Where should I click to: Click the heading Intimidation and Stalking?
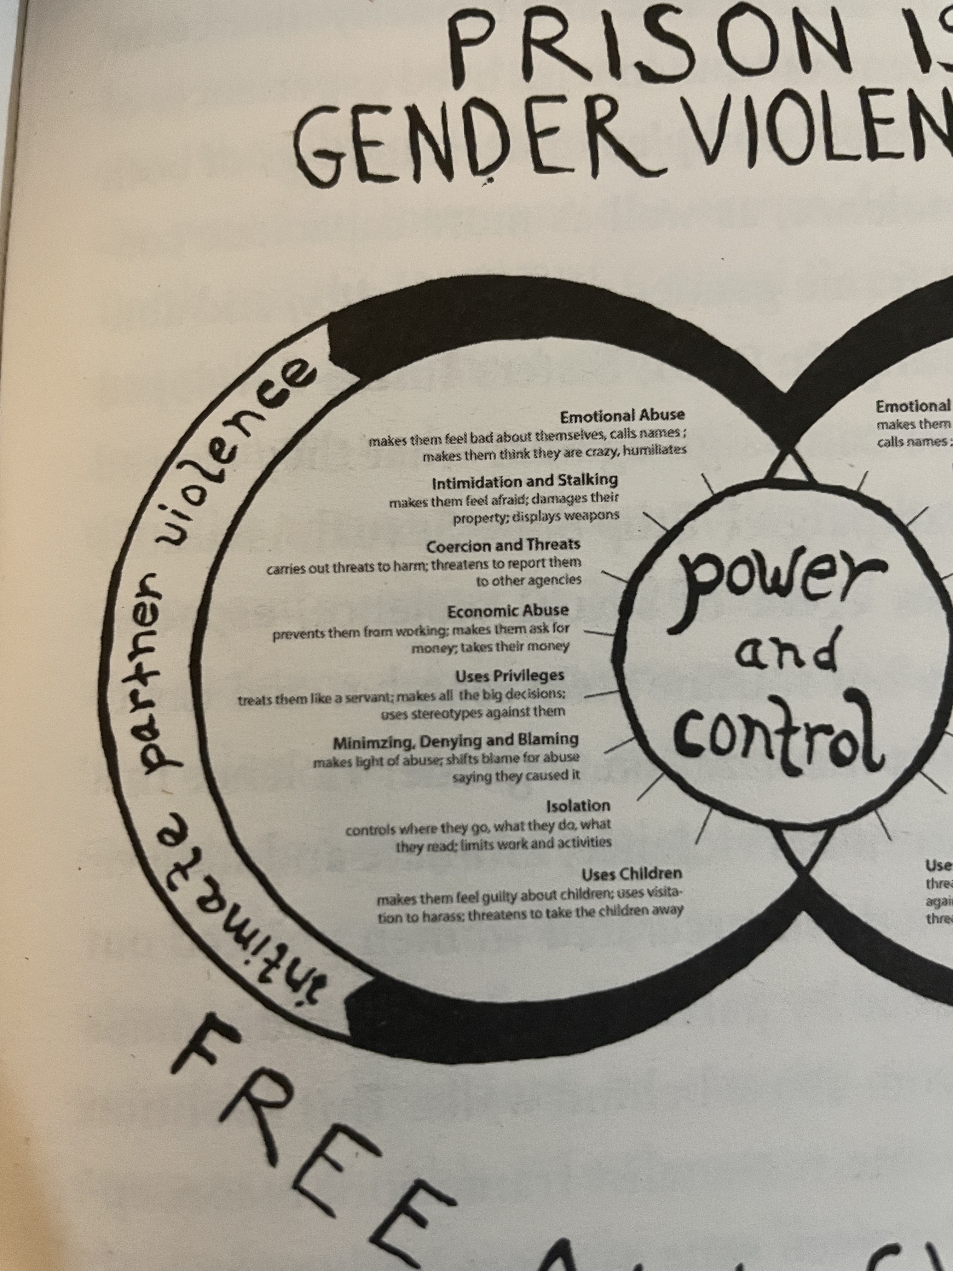(524, 480)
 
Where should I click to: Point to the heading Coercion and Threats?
(503, 545)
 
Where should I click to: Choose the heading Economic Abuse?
(508, 610)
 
